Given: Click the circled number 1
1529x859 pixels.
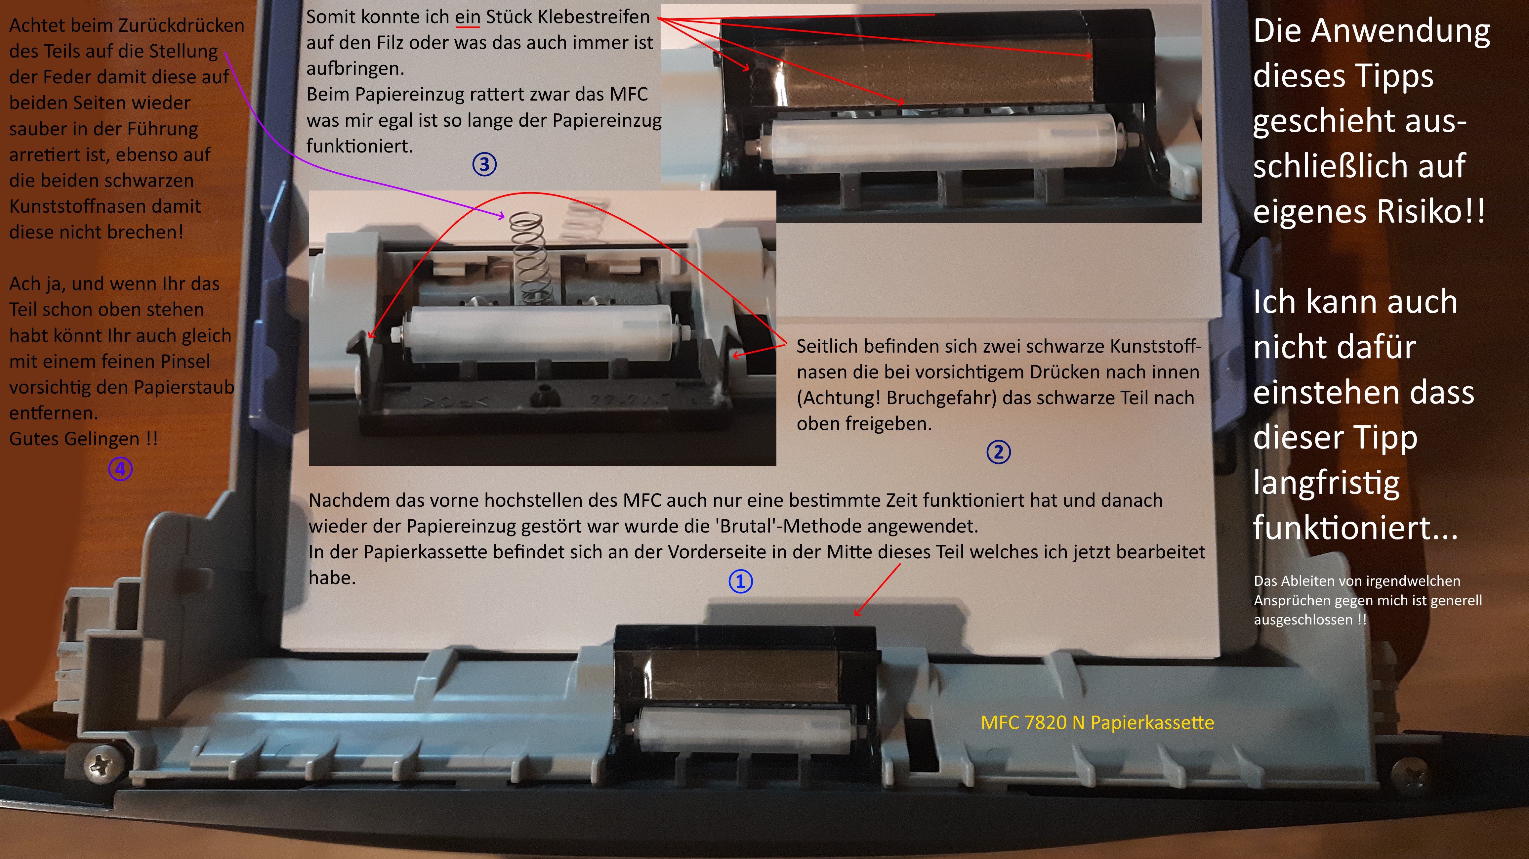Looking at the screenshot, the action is tap(740, 581).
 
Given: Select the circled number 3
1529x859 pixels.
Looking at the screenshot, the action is tap(484, 164).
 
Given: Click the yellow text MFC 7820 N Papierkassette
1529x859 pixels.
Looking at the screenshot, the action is tap(1097, 722).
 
